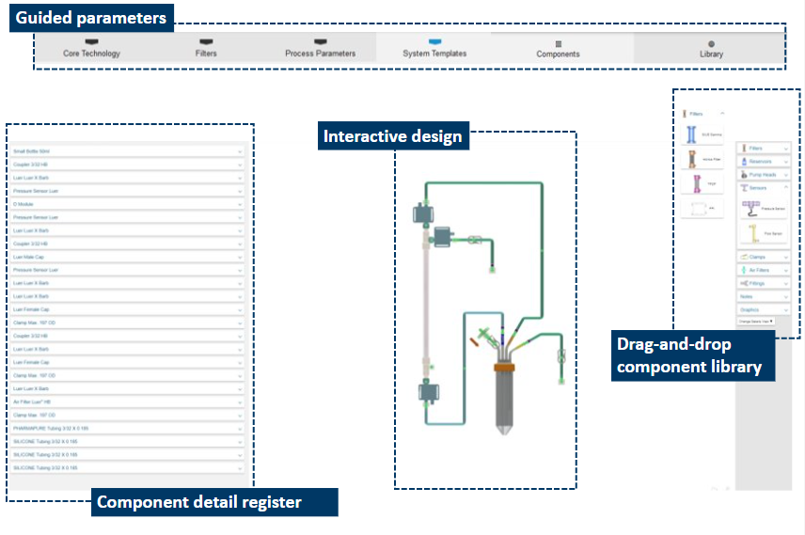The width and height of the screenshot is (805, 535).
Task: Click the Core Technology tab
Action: click(91, 49)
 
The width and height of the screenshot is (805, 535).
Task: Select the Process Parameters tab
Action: click(320, 49)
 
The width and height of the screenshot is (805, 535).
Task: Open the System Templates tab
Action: click(434, 49)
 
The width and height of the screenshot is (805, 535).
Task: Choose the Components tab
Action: click(558, 50)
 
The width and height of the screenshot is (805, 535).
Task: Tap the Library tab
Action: click(711, 50)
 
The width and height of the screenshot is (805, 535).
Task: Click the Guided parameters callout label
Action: click(91, 18)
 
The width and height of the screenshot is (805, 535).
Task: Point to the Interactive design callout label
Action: click(392, 137)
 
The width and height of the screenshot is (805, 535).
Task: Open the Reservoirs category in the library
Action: click(763, 162)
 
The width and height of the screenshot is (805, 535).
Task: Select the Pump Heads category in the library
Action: click(763, 175)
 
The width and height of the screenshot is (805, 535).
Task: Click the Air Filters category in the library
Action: click(763, 270)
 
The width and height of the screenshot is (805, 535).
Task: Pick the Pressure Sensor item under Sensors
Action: click(763, 206)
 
